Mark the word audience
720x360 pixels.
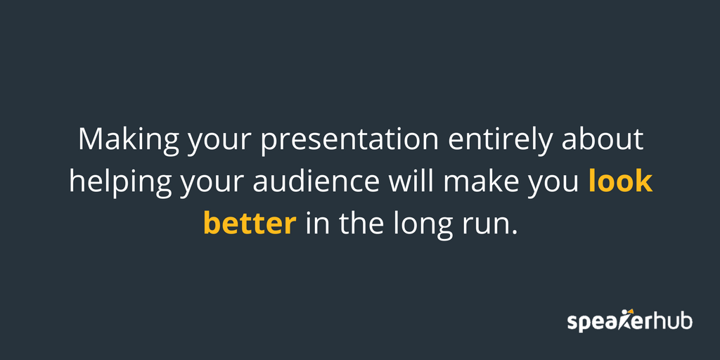tap(316, 181)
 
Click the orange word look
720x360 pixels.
tap(621, 181)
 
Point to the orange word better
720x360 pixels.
tap(249, 224)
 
